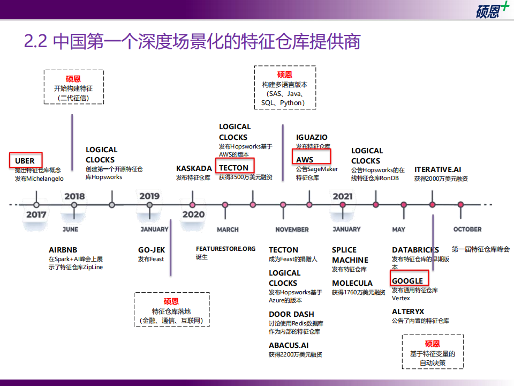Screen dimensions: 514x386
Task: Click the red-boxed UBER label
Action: (25, 161)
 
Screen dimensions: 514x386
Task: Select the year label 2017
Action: (36, 214)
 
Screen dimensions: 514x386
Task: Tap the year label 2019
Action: (149, 196)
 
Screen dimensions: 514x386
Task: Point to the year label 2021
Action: (343, 196)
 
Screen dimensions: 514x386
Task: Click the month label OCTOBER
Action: (467, 229)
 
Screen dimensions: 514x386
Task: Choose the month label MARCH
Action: (228, 230)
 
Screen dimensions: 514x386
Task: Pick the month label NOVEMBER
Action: (292, 230)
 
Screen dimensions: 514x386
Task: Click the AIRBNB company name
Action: (63, 250)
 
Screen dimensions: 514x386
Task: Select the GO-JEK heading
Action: (152, 250)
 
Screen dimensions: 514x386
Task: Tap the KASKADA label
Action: (194, 168)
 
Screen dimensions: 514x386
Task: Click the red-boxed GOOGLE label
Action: (407, 281)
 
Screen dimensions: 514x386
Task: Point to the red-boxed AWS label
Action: (305, 160)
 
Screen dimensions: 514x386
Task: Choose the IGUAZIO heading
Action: (312, 137)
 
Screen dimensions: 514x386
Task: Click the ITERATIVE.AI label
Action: (437, 170)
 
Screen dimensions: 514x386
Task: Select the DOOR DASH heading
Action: (291, 315)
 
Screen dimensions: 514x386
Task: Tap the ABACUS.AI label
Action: (289, 346)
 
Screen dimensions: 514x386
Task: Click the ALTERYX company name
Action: (408, 311)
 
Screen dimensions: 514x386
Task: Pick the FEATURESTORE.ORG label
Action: (226, 249)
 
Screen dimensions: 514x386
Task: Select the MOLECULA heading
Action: (352, 283)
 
